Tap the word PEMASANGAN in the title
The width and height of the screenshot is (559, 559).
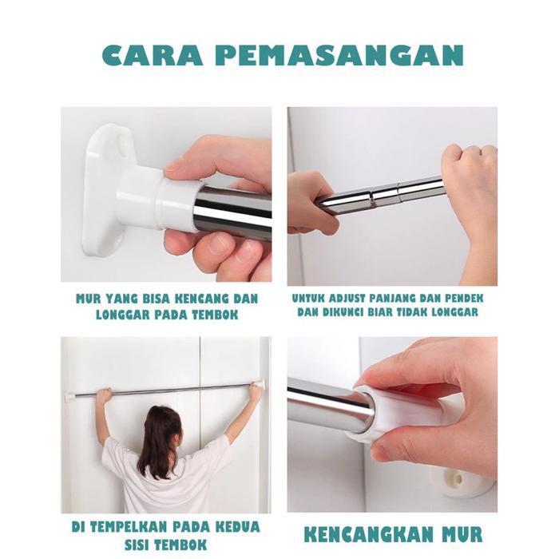pyautogui.click(x=339, y=55)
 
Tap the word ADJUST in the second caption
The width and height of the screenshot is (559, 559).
pyautogui.click(x=355, y=297)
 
